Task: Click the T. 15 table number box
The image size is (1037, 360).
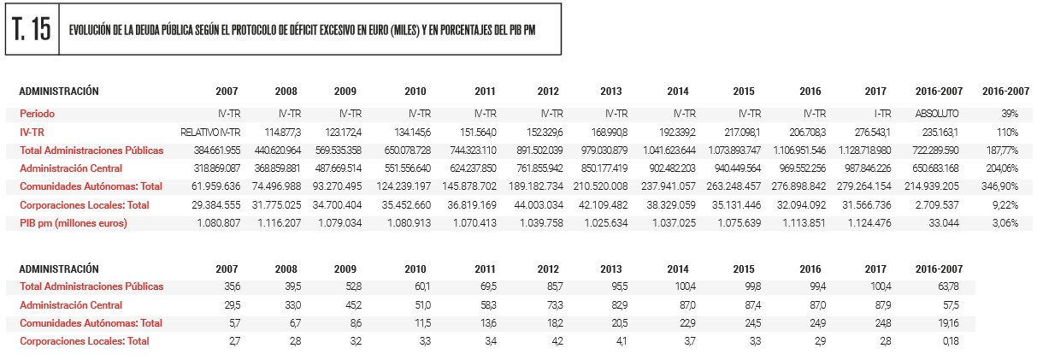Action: coord(32,29)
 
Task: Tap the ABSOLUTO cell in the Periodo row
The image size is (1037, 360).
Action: coord(938,113)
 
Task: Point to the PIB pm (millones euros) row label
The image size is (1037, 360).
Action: coord(74,223)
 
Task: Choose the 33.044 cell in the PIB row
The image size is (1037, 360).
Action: coord(944,223)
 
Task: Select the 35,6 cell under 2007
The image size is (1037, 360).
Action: coord(229,286)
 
